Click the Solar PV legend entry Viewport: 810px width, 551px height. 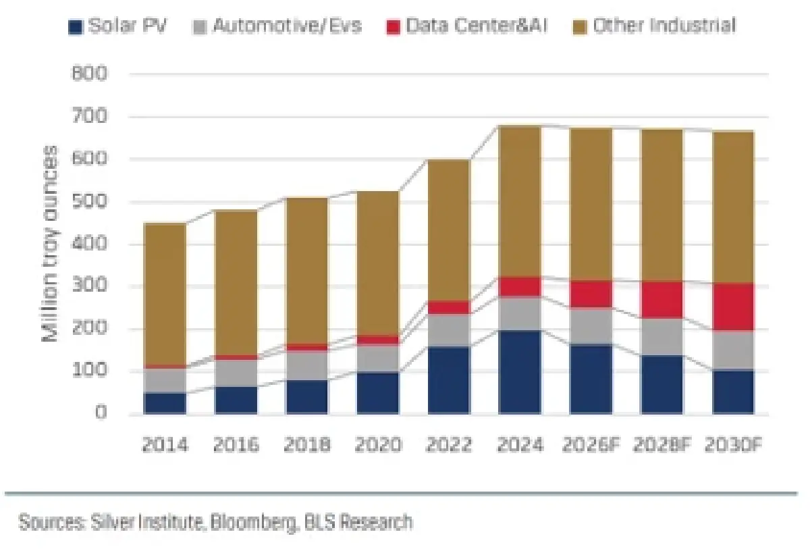[x=117, y=26]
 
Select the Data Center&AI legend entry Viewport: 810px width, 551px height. [x=466, y=26]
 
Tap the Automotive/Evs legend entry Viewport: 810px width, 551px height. [x=277, y=26]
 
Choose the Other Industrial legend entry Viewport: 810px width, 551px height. [x=655, y=26]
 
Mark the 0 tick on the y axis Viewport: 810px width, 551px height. [x=101, y=413]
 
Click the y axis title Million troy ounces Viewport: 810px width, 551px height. [x=50, y=244]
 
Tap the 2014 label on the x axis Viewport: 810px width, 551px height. [x=165, y=444]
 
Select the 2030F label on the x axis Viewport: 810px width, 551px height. [x=734, y=444]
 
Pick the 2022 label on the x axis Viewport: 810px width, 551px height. [x=449, y=444]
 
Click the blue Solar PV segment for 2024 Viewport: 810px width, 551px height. [x=520, y=372]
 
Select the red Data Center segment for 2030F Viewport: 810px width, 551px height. [x=733, y=307]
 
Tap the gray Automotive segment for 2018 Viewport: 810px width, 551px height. [x=307, y=365]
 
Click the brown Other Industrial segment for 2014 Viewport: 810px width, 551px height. [x=165, y=294]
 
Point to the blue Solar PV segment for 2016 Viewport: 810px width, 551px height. [x=236, y=400]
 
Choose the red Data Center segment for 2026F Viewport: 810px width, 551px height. [x=591, y=294]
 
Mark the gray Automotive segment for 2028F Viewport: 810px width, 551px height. [x=662, y=337]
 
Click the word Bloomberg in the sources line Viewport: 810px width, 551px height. [x=252, y=522]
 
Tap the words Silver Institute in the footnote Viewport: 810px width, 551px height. [x=146, y=522]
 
